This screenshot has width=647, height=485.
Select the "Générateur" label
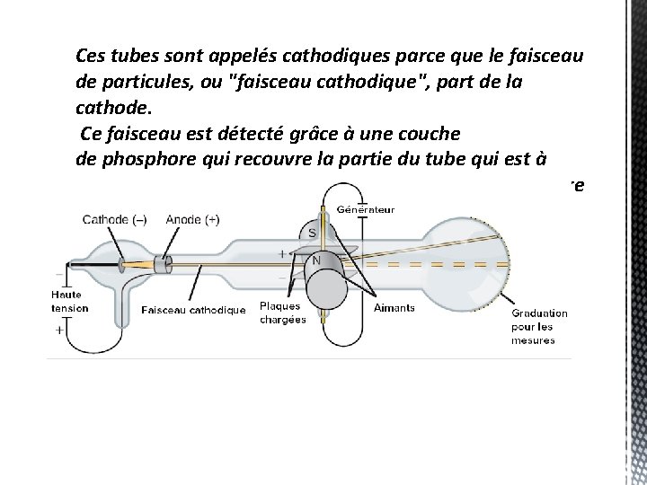coord(365,209)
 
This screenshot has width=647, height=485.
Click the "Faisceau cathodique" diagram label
coord(193,311)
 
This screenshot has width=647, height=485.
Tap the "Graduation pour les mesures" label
coord(539,326)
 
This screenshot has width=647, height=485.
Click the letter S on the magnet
coord(313,234)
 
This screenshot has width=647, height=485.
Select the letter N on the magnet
coord(315,261)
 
